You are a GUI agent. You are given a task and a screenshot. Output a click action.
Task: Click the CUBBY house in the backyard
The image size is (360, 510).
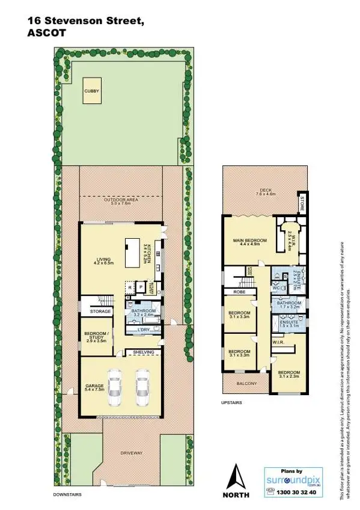(92, 91)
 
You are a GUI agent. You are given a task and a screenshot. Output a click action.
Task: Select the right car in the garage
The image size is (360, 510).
(142, 389)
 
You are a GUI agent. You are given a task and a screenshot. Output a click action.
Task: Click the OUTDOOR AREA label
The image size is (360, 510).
(121, 201)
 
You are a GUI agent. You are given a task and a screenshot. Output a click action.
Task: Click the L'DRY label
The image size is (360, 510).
(143, 330)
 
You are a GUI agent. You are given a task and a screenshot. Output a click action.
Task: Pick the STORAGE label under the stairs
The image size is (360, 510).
(100, 312)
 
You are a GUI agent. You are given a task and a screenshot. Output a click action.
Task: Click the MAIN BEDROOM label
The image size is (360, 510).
(249, 242)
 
